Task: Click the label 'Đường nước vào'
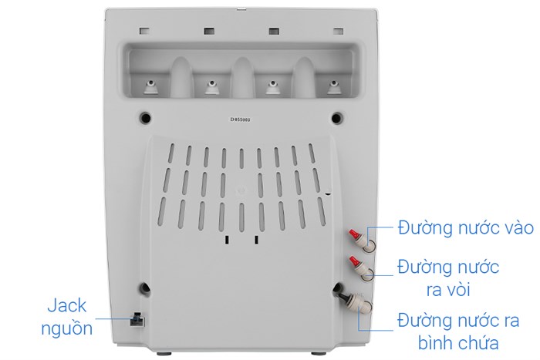466,228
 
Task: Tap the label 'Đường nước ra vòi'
448,278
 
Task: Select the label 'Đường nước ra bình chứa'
458,331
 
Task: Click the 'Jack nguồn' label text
67,317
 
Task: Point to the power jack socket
137,320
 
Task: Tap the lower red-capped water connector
362,267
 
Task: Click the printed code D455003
241,119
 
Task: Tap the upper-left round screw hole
145,118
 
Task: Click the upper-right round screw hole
337,118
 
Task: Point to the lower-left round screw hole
145,288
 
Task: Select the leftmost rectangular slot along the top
144,31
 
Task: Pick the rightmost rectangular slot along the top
338,32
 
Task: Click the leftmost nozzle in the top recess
151,87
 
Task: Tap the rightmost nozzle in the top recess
333,87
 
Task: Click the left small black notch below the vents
227,240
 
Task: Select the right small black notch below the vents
256,240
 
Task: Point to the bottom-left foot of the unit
164,353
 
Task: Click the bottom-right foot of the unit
318,353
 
